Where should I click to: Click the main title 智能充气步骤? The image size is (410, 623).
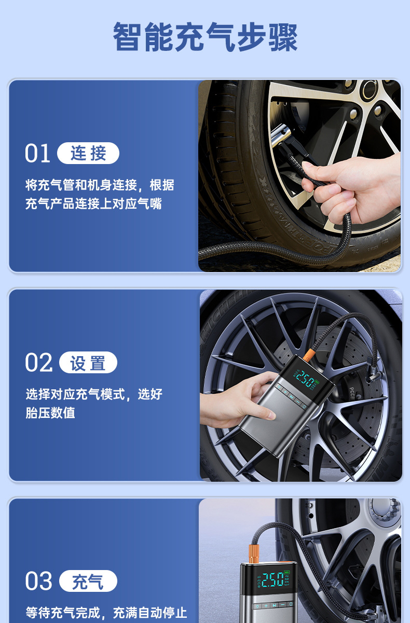click(206, 37)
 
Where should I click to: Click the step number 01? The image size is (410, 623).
click(37, 154)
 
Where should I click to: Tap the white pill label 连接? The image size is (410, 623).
click(88, 154)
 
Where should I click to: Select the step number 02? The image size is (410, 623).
click(38, 363)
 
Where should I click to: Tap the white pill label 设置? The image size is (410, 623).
click(88, 363)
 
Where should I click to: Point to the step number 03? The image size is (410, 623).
click(38, 581)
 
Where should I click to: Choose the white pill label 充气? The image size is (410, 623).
click(88, 581)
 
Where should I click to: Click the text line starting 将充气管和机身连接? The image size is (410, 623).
click(100, 185)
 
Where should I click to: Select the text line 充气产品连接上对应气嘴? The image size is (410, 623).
click(93, 204)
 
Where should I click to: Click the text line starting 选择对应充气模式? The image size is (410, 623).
click(94, 394)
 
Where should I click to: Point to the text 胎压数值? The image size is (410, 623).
click(50, 413)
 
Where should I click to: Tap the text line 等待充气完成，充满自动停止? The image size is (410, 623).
click(106, 613)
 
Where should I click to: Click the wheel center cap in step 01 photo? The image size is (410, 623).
click(370, 89)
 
